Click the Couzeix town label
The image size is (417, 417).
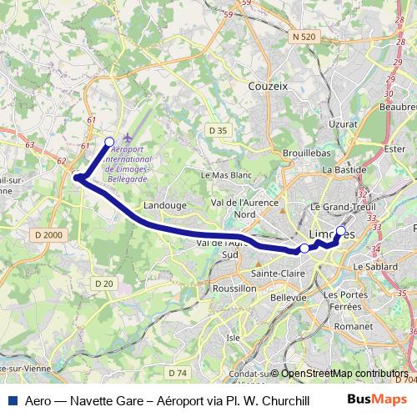(267, 84)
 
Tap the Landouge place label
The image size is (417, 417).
(163, 203)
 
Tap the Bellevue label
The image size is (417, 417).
(289, 297)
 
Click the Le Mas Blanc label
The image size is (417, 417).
(227, 175)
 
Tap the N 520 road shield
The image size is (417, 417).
(305, 37)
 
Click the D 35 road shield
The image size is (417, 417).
(219, 130)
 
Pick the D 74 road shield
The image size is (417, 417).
(176, 371)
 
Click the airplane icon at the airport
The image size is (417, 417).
(127, 138)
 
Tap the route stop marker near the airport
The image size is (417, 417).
(109, 141)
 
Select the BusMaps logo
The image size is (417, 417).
(384, 400)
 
